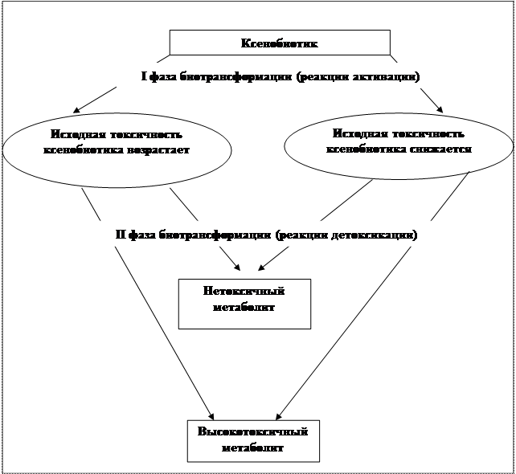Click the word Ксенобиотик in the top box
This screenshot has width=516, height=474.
pos(280,43)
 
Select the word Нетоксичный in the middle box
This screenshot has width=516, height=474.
pos(244,291)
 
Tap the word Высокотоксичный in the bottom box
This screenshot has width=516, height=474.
pos(252,431)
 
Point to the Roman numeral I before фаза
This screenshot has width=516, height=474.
pos(144,77)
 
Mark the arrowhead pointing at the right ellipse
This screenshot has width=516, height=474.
pos(439,109)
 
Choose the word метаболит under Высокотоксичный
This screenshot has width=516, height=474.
pos(252,447)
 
